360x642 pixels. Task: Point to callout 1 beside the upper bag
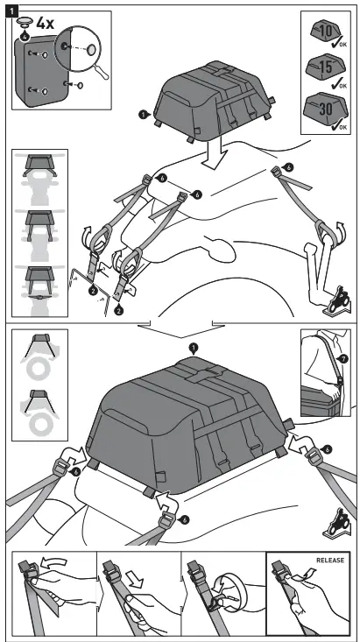(x=143, y=114)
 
